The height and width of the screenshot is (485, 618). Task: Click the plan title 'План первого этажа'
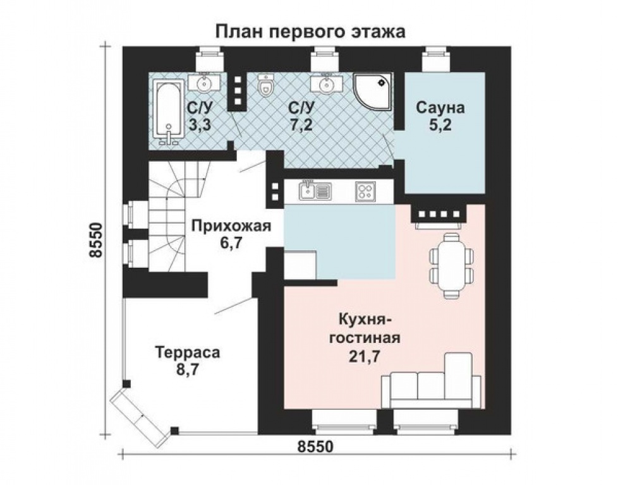click(x=310, y=32)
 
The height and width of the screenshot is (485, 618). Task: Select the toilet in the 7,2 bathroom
click(x=267, y=86)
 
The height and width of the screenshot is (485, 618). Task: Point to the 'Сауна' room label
click(x=440, y=108)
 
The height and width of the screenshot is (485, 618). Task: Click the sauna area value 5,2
click(x=440, y=125)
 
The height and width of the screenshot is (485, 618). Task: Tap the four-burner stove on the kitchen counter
click(x=365, y=190)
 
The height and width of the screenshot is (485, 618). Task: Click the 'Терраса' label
click(x=188, y=352)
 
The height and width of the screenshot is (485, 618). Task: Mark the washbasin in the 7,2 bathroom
click(x=325, y=83)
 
